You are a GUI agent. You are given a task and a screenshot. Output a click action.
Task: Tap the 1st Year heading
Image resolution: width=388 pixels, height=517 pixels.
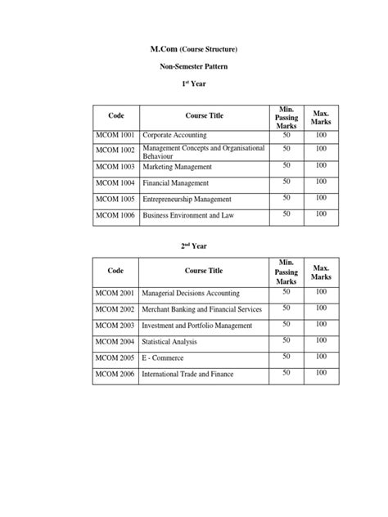coord(194,84)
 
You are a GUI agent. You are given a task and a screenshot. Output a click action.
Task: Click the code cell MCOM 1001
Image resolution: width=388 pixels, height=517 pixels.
coord(115,133)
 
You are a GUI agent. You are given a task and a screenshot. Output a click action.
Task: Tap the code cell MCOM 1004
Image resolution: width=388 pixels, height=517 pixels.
coord(115,183)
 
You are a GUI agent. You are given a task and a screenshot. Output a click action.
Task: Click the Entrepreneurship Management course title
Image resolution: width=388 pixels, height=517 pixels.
coord(187,200)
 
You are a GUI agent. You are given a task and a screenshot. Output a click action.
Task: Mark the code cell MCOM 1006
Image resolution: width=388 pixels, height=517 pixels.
coord(115,216)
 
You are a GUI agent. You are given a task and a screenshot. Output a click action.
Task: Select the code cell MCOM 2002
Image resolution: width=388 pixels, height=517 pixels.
coord(115,308)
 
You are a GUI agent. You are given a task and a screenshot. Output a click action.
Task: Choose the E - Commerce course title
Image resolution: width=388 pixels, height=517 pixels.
coord(163,357)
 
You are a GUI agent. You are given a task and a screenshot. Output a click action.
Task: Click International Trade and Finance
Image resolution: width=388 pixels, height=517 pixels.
coord(188,375)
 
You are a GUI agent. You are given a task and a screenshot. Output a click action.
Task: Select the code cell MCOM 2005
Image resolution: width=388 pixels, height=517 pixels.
coord(115,357)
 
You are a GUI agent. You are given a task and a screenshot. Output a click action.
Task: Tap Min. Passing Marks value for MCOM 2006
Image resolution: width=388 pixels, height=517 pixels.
coord(286,373)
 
